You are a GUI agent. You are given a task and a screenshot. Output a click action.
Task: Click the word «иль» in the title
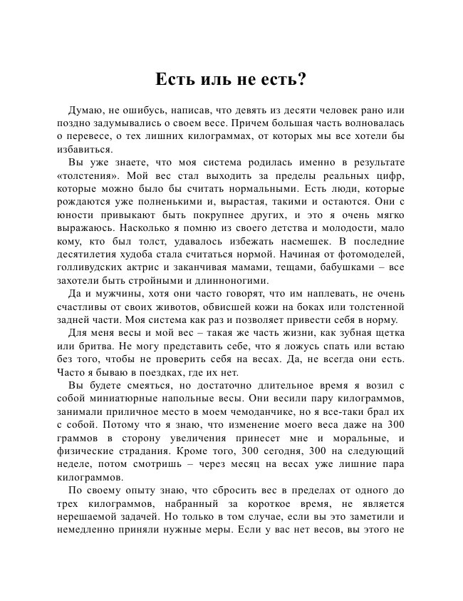click(x=209, y=79)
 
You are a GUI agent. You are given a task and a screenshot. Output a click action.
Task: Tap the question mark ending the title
click(x=302, y=79)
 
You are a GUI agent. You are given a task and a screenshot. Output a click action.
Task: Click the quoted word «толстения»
click(x=87, y=176)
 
